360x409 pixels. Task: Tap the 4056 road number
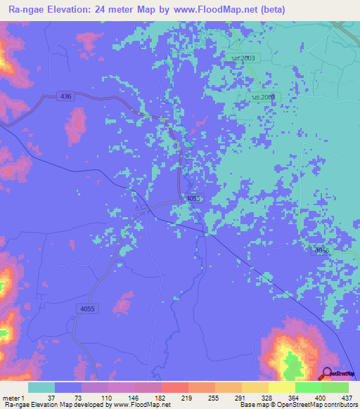coord(323,251)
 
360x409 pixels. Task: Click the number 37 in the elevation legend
coord(51,398)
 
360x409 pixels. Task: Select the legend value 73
coord(78,398)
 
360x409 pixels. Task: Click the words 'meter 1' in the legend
coord(13,398)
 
